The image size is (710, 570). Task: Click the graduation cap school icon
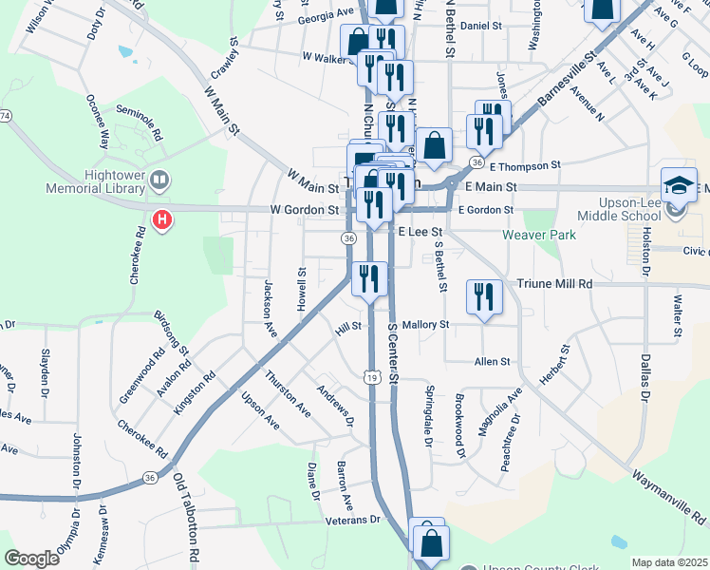tap(679, 184)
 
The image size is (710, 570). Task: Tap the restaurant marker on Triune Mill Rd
tap(484, 296)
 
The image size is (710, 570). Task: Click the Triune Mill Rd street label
tap(554, 284)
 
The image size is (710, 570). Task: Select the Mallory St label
tap(424, 325)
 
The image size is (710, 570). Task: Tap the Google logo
tap(31, 558)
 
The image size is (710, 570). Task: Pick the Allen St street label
tap(493, 362)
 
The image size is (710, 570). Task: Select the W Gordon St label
tap(305, 209)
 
